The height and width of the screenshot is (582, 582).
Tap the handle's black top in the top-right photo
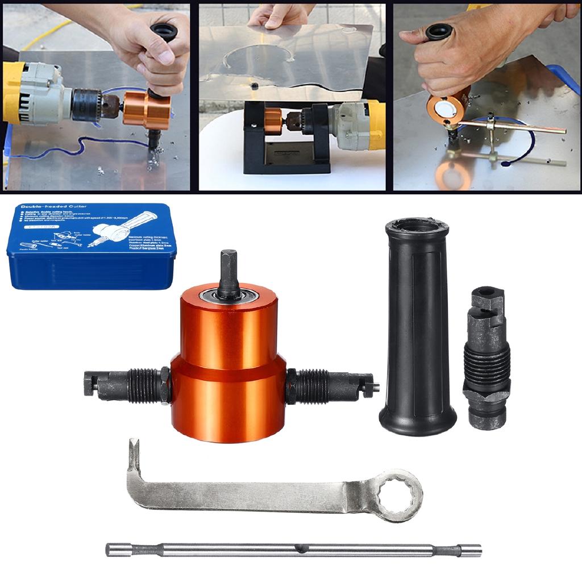click(439, 31)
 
